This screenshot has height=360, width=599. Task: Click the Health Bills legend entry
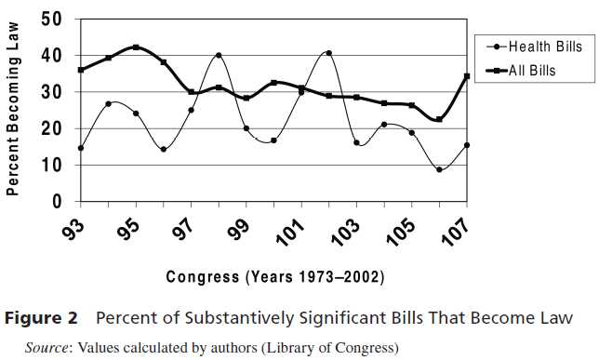534,47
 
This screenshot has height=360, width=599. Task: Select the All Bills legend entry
521,71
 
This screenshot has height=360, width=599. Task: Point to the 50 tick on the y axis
51,20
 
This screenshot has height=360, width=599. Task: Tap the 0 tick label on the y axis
57,202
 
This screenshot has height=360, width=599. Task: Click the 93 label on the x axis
73,229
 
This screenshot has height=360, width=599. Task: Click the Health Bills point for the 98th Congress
219,55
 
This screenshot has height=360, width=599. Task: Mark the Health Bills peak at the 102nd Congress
329,53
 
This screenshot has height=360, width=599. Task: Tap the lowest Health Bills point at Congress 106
439,169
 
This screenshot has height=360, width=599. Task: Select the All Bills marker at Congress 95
136,47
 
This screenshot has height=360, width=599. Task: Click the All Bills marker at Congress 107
467,76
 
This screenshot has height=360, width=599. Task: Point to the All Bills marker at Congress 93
81,70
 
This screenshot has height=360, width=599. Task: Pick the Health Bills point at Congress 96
164,150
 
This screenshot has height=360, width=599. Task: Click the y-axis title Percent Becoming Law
12,109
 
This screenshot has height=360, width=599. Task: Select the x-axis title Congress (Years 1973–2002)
275,276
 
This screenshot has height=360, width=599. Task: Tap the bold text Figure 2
41,318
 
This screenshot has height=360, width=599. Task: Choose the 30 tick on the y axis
51,92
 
